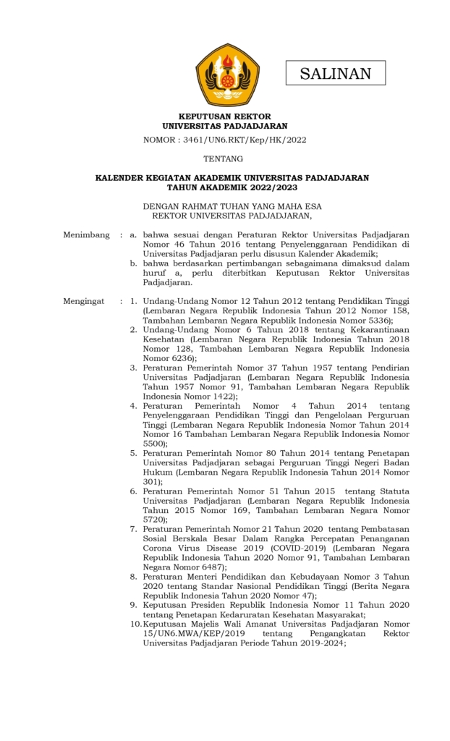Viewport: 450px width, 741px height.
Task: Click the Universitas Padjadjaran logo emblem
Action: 227,75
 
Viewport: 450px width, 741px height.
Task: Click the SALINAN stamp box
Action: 335,73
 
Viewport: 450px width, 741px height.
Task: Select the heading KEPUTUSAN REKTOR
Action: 225,116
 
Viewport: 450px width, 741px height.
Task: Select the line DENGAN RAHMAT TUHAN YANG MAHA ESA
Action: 232,206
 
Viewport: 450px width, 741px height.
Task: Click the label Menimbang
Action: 86,235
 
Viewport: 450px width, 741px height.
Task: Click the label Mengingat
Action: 84,301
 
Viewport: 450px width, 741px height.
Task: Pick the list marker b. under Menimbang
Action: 134,263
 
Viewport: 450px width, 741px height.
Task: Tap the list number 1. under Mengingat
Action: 134,301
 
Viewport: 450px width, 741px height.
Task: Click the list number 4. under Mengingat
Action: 134,405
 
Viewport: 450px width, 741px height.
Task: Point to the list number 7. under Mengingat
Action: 134,529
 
